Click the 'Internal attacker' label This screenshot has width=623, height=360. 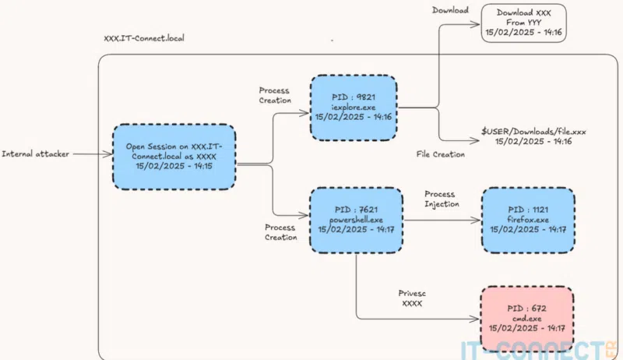(36, 154)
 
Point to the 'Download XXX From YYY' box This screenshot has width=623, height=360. (523, 23)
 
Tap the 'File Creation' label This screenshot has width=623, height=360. (441, 154)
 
